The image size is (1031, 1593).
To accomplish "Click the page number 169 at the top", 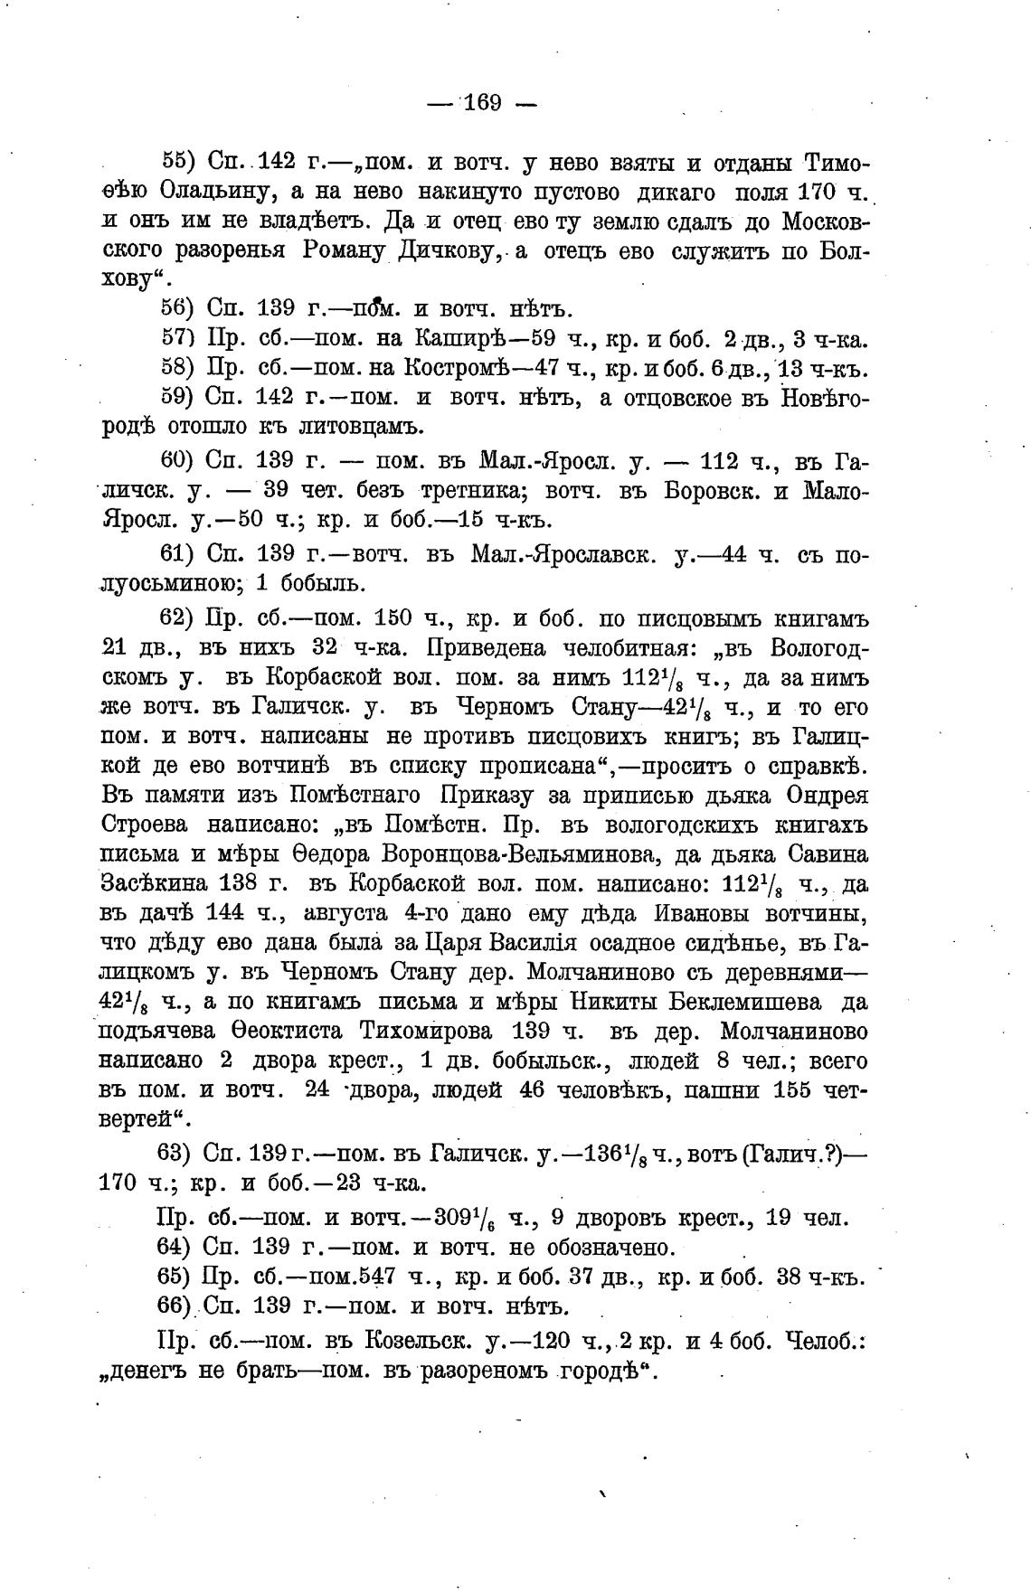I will point(482,102).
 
